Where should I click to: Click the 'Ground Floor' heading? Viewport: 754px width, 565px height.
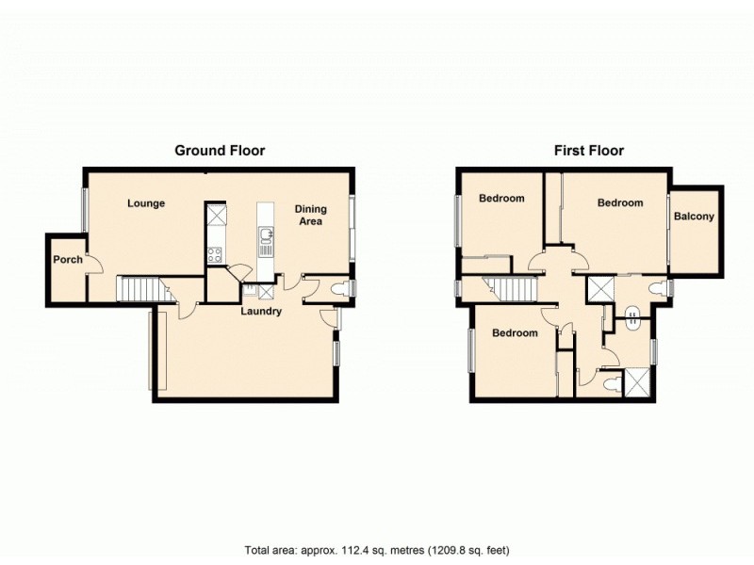pos(220,150)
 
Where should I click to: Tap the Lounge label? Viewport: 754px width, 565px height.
pos(146,203)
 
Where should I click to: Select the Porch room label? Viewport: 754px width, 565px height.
pos(67,260)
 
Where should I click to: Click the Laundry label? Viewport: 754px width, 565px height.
pos(261,311)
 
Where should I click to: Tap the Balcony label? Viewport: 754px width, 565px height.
pos(694,217)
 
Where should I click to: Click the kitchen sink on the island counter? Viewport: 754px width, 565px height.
pos(267,244)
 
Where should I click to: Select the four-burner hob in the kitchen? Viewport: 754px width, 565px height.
pos(215,252)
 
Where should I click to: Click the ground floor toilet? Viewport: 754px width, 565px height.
pos(339,288)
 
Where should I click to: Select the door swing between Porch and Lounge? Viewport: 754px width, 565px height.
pos(91,264)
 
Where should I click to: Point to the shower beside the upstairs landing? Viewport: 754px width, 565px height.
pos(598,288)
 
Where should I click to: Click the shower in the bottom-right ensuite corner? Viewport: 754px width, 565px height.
pos(638,381)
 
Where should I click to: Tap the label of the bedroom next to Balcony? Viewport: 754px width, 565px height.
pos(619,203)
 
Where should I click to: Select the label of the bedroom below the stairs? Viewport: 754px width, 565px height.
pos(515,333)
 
